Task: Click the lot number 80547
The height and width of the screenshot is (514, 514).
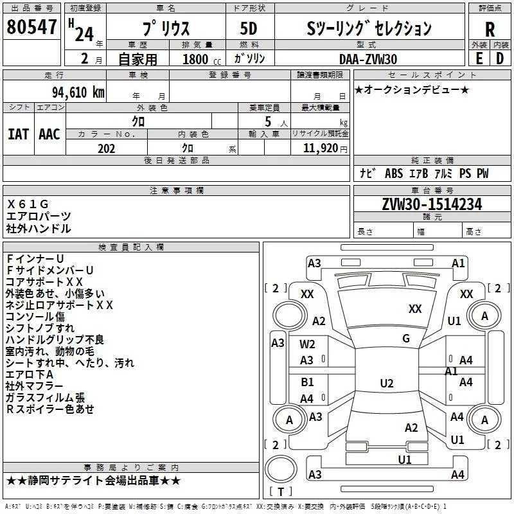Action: tap(31, 27)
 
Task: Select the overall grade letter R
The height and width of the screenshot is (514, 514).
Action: tap(490, 30)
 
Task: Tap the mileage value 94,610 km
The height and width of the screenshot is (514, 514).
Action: tap(78, 93)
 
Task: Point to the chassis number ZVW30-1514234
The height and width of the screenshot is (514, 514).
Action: tap(432, 204)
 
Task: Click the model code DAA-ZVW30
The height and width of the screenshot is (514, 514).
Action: tap(368, 59)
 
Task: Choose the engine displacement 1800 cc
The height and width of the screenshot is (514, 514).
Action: tap(202, 59)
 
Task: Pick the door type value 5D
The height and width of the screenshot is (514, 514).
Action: tap(249, 29)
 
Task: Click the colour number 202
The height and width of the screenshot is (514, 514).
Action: tap(107, 148)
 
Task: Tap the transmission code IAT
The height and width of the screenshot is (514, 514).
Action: tap(18, 134)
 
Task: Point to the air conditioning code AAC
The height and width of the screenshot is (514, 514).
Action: tap(49, 134)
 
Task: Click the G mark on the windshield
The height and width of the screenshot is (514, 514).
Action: tap(406, 339)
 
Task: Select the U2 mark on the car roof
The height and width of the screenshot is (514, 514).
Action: tap(387, 383)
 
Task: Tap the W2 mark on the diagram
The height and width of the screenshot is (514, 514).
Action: tap(307, 344)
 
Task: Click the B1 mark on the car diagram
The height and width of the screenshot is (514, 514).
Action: tap(307, 382)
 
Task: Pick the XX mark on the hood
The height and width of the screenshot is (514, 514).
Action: tap(415, 309)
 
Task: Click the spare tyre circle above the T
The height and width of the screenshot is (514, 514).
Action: tap(281, 469)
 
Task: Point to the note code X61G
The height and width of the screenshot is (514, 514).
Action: tap(28, 204)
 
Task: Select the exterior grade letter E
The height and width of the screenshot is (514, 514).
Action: tap(479, 58)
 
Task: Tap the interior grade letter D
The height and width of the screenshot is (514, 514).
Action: tap(500, 58)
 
